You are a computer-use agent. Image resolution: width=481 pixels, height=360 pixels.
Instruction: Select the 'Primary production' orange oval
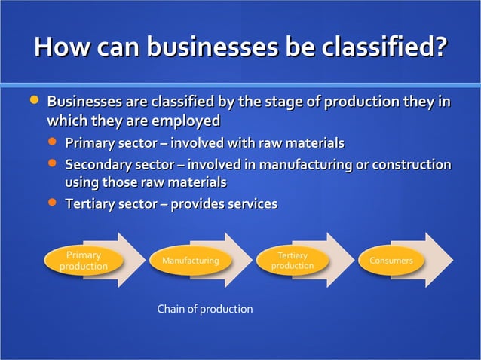[84, 261]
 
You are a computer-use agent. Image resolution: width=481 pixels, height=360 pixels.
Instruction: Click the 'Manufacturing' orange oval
[185, 261]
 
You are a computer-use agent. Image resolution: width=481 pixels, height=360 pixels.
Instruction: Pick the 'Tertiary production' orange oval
[293, 261]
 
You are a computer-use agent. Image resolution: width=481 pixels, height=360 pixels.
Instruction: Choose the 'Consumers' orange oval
[391, 261]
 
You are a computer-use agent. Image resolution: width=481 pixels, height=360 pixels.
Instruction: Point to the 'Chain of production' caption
[204, 309]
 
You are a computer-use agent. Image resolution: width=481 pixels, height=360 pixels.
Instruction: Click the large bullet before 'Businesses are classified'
[32, 100]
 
